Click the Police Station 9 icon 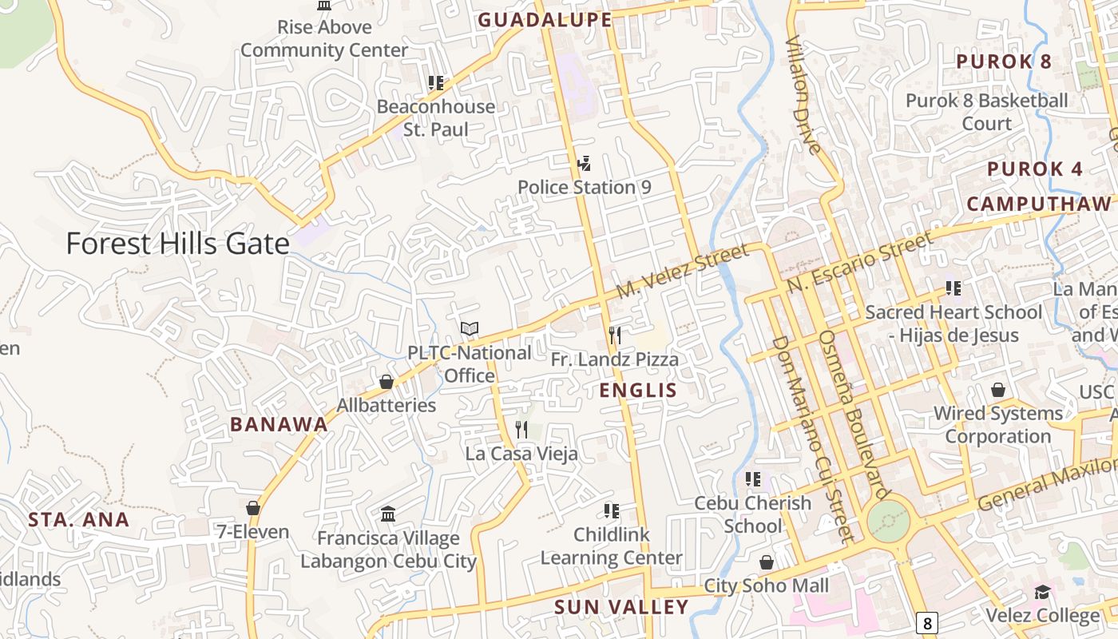tap(584, 164)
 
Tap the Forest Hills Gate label tap(177, 244)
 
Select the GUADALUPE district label tap(545, 20)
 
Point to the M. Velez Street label tap(684, 273)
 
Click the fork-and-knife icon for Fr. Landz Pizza tap(614, 335)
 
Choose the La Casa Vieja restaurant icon tap(521, 430)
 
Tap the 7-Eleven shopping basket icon tap(253, 508)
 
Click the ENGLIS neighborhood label tap(638, 391)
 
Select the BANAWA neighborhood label tap(279, 424)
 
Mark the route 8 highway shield tap(926, 623)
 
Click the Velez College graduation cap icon tap(1042, 592)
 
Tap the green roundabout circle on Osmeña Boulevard tap(888, 520)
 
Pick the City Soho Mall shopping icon tap(767, 562)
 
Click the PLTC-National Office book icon tap(470, 329)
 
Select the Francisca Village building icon tap(388, 514)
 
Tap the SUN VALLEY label tap(621, 607)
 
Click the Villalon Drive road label tap(803, 95)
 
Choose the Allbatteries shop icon tap(387, 382)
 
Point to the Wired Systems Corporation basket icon tap(997, 390)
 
